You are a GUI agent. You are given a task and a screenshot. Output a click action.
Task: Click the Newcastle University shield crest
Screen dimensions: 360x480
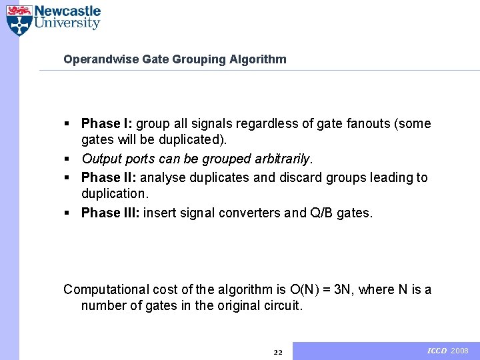click(19, 20)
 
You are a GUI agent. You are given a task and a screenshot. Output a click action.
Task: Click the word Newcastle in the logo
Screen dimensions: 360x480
click(67, 11)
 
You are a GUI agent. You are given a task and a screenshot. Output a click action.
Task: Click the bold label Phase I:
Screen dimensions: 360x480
click(107, 123)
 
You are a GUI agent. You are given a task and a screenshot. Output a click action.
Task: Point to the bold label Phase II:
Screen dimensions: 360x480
click(109, 177)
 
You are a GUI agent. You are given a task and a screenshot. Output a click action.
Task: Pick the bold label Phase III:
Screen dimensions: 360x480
click(111, 213)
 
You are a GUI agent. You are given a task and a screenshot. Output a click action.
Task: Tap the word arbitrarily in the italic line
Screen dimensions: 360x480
click(283, 159)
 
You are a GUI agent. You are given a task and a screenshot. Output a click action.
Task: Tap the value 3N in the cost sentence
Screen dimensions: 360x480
click(349, 289)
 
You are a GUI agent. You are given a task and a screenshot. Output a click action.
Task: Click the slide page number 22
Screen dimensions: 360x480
click(278, 352)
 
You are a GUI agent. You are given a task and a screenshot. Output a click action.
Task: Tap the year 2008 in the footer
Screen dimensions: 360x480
click(460, 351)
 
